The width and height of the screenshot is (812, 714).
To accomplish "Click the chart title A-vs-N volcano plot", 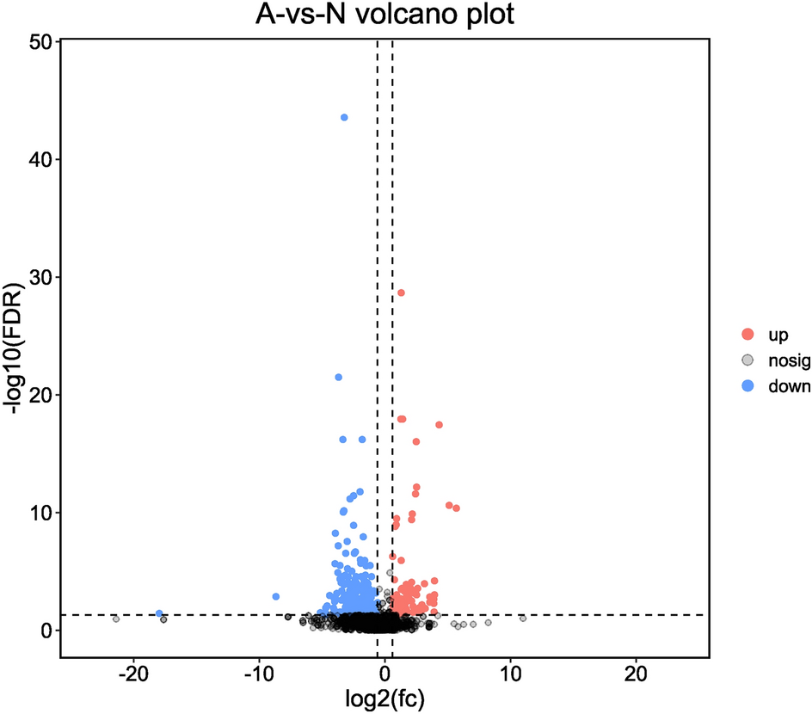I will pos(384,15).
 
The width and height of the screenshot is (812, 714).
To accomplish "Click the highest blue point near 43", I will pos(344,117).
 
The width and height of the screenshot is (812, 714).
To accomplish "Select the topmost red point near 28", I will pos(401,292).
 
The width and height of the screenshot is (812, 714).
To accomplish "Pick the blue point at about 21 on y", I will pos(338,377).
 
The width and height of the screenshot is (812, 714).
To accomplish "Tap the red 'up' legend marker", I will pos(748,333).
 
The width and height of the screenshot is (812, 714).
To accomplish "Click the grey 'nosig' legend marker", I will pos(748,360).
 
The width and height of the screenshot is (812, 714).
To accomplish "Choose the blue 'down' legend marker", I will pos(748,386).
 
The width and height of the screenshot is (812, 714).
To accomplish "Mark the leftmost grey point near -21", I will pos(116,619).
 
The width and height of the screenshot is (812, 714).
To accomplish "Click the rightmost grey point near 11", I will pos(523,619).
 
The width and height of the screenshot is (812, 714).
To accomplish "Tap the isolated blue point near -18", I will pos(159,613).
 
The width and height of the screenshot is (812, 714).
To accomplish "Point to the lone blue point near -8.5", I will pos(276,596).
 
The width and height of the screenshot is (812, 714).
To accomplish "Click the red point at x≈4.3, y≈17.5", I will pos(439,425).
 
